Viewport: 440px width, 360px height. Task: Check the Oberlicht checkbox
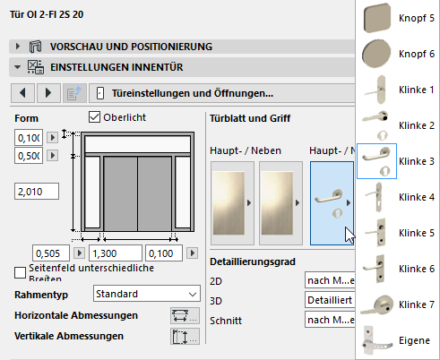coord(95,117)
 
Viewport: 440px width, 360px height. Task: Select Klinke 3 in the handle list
coord(395,160)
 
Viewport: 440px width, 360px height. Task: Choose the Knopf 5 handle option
coord(395,17)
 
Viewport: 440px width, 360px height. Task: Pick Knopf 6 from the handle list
coord(395,54)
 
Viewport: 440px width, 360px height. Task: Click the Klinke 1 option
coord(395,90)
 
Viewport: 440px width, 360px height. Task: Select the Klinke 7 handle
coord(395,304)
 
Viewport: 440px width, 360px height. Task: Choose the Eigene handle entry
coord(395,340)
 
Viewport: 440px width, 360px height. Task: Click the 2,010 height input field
coord(37,191)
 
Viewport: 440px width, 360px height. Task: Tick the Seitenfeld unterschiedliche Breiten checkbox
coord(21,272)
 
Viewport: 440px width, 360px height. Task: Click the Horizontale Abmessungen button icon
coord(183,315)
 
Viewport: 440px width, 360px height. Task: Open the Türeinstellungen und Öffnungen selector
coord(224,92)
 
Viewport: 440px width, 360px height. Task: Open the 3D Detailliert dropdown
coord(329,299)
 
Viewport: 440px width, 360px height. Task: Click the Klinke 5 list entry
coord(395,232)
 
